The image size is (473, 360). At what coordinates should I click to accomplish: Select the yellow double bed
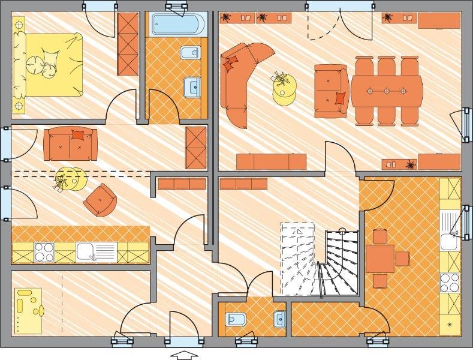(48, 64)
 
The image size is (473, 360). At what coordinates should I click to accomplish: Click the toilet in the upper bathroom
(189, 53)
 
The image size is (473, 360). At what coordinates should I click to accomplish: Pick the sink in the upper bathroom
(192, 86)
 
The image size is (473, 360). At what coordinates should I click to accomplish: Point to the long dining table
(387, 91)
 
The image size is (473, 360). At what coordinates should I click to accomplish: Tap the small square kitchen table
(380, 259)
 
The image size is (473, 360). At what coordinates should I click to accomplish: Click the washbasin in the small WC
(279, 319)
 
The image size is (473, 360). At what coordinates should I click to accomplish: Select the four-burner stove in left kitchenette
(44, 252)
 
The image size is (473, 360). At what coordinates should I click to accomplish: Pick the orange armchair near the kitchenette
(100, 200)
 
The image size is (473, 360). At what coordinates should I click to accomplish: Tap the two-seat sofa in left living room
(70, 144)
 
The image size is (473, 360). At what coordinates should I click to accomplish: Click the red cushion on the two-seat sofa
(77, 134)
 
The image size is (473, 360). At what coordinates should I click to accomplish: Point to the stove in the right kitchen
(449, 282)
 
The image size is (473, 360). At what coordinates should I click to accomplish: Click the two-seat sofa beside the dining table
(332, 91)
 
